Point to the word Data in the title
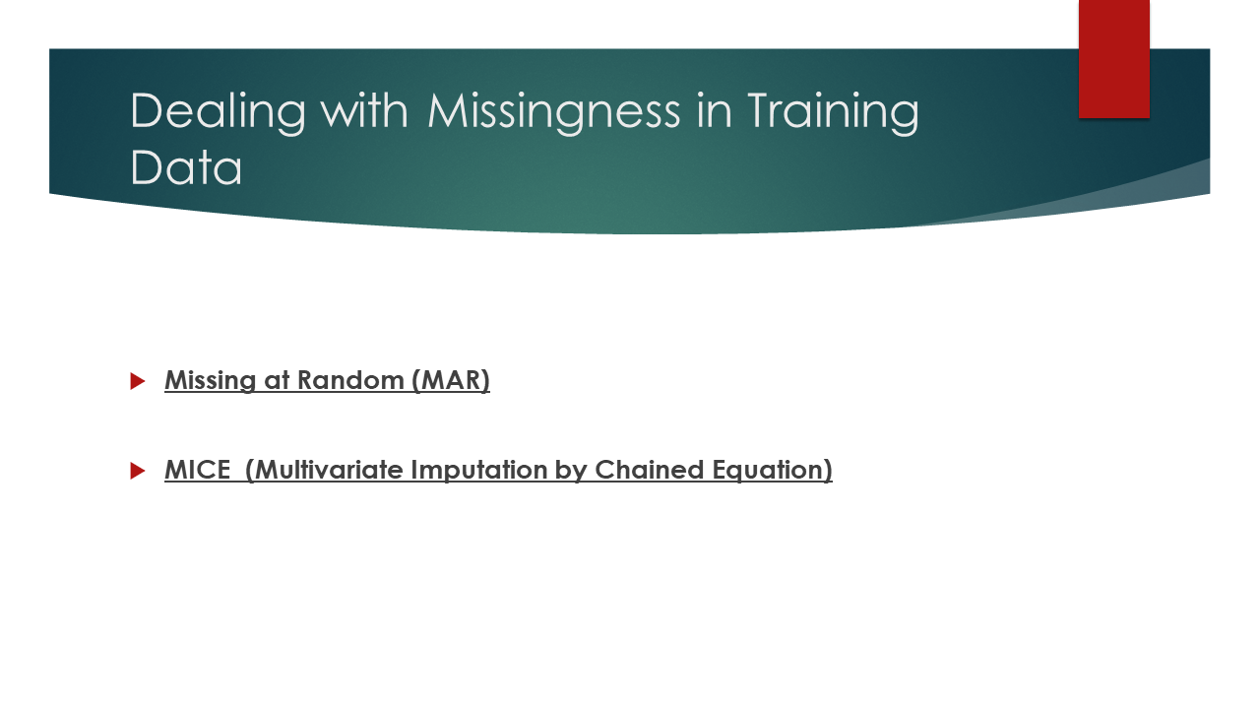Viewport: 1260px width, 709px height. tap(186, 167)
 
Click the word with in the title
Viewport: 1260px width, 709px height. tap(364, 110)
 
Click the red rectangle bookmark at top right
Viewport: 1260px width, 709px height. tap(1113, 59)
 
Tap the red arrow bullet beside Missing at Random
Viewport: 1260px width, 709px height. tap(138, 381)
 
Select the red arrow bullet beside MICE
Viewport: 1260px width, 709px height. tap(138, 471)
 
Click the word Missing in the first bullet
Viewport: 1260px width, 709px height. tap(211, 381)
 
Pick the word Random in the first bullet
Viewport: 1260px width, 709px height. tap(350, 380)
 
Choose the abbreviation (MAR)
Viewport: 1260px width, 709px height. tap(451, 381)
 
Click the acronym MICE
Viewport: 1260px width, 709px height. tap(198, 470)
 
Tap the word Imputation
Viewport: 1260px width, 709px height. tap(478, 471)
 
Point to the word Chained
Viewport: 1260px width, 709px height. tap(649, 470)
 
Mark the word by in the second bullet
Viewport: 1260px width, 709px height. tap(571, 471)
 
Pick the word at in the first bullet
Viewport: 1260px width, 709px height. tap(277, 381)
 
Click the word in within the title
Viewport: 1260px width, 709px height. tap(715, 110)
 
